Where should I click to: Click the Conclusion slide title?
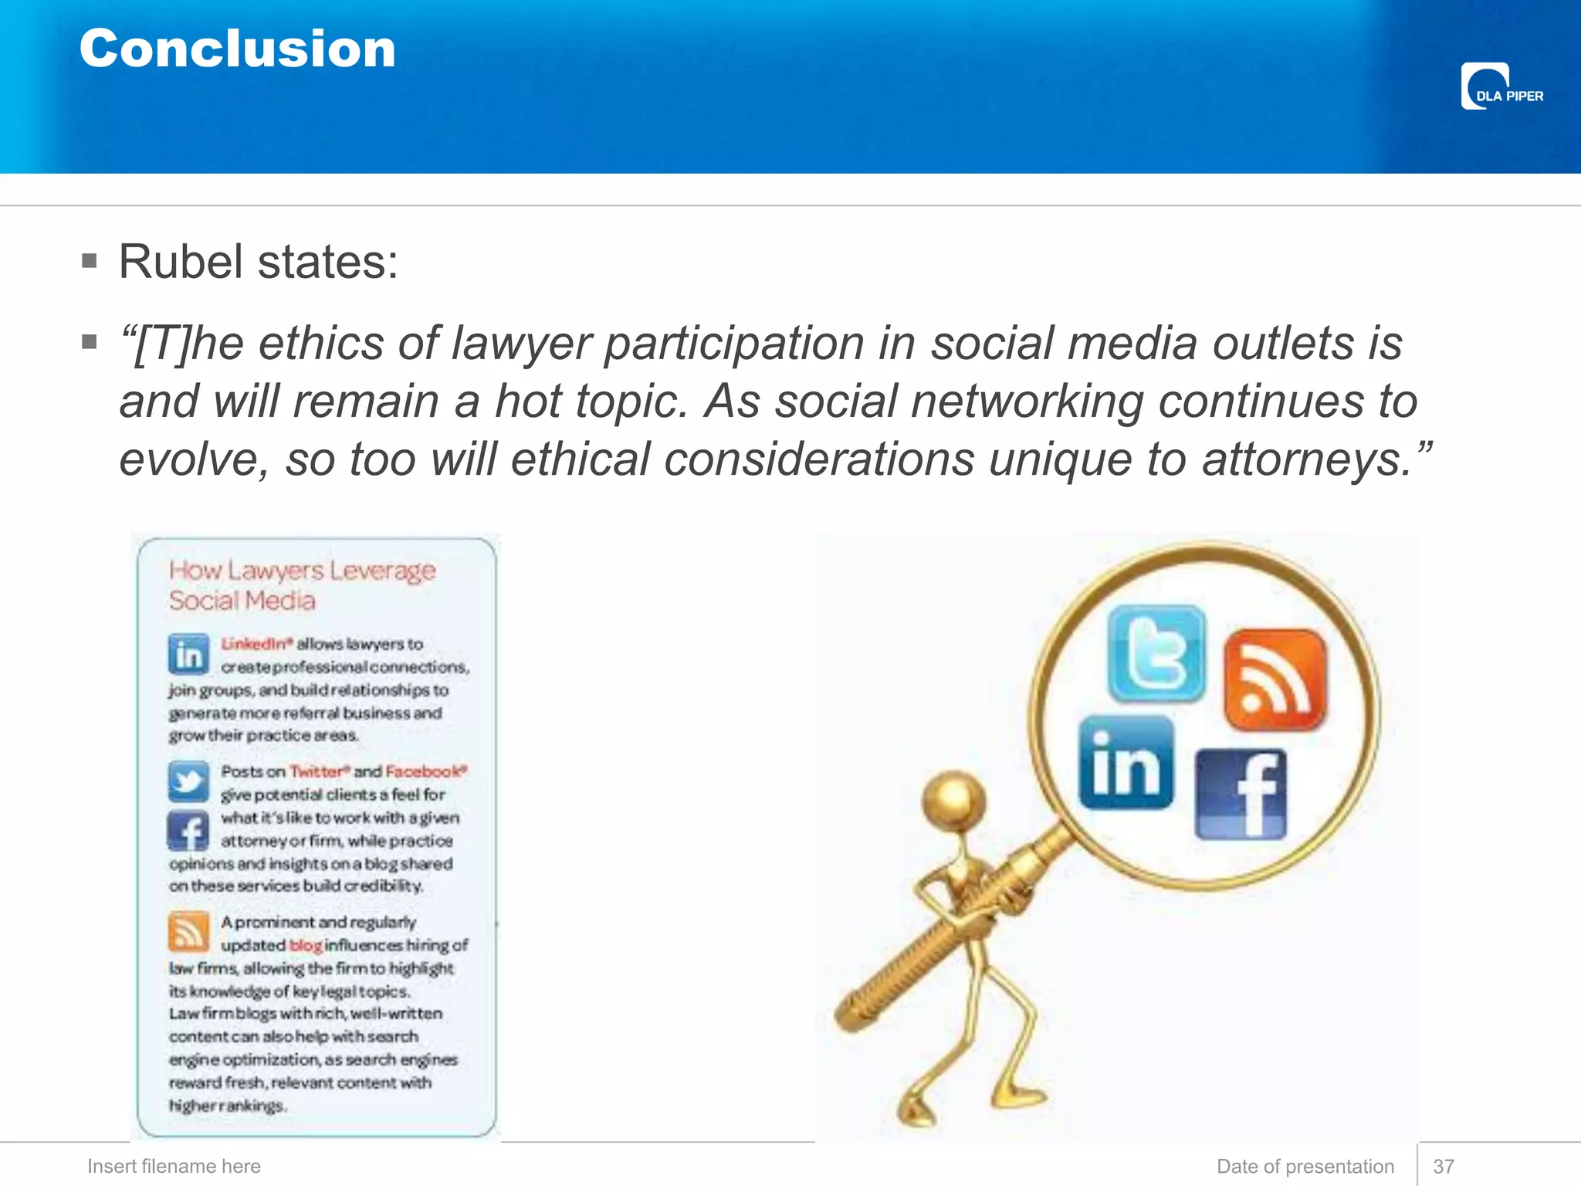pyautogui.click(x=237, y=49)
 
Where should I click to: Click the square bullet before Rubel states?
pyautogui.click(x=90, y=261)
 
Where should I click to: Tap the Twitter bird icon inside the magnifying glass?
pyautogui.click(x=1155, y=652)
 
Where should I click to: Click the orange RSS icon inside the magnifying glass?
pyautogui.click(x=1275, y=679)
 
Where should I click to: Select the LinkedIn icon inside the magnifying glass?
pyautogui.click(x=1126, y=763)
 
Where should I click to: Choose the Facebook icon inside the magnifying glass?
pyautogui.click(x=1241, y=794)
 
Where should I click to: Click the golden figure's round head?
pyautogui.click(x=955, y=799)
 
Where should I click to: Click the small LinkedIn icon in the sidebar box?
pyautogui.click(x=188, y=655)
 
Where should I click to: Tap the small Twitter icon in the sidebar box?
pyautogui.click(x=188, y=781)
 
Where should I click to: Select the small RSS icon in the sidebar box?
pyautogui.click(x=188, y=931)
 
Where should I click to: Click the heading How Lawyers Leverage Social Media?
pyautogui.click(x=302, y=585)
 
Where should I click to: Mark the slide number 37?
pyautogui.click(x=1444, y=1166)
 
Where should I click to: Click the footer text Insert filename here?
pyautogui.click(x=174, y=1166)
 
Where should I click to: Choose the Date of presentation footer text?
pyautogui.click(x=1305, y=1166)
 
